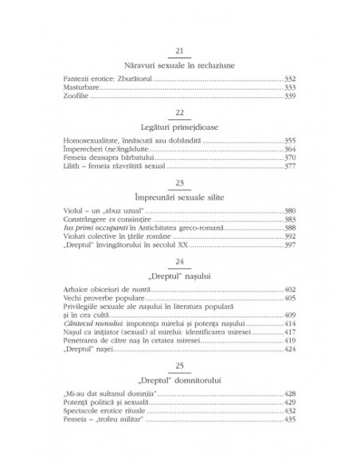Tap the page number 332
coord(289,79)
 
